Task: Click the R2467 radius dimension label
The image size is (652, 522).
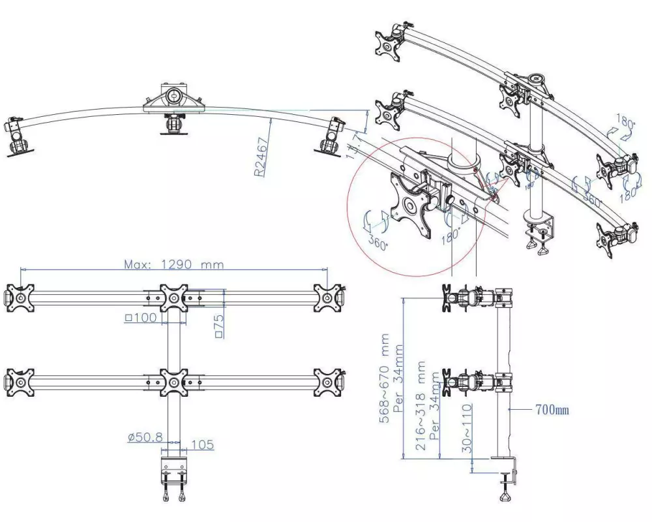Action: [260, 157]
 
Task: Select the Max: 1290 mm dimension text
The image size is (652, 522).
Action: [173, 265]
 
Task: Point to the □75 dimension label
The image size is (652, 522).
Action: [219, 324]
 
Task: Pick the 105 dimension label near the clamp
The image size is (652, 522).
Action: [203, 445]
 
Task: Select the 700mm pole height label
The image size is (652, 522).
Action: [551, 410]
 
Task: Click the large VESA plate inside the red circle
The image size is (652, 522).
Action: [409, 206]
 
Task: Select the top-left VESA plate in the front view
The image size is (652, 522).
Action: [20, 298]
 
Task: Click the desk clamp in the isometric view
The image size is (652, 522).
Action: [539, 232]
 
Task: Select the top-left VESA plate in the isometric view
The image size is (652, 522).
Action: [389, 42]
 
